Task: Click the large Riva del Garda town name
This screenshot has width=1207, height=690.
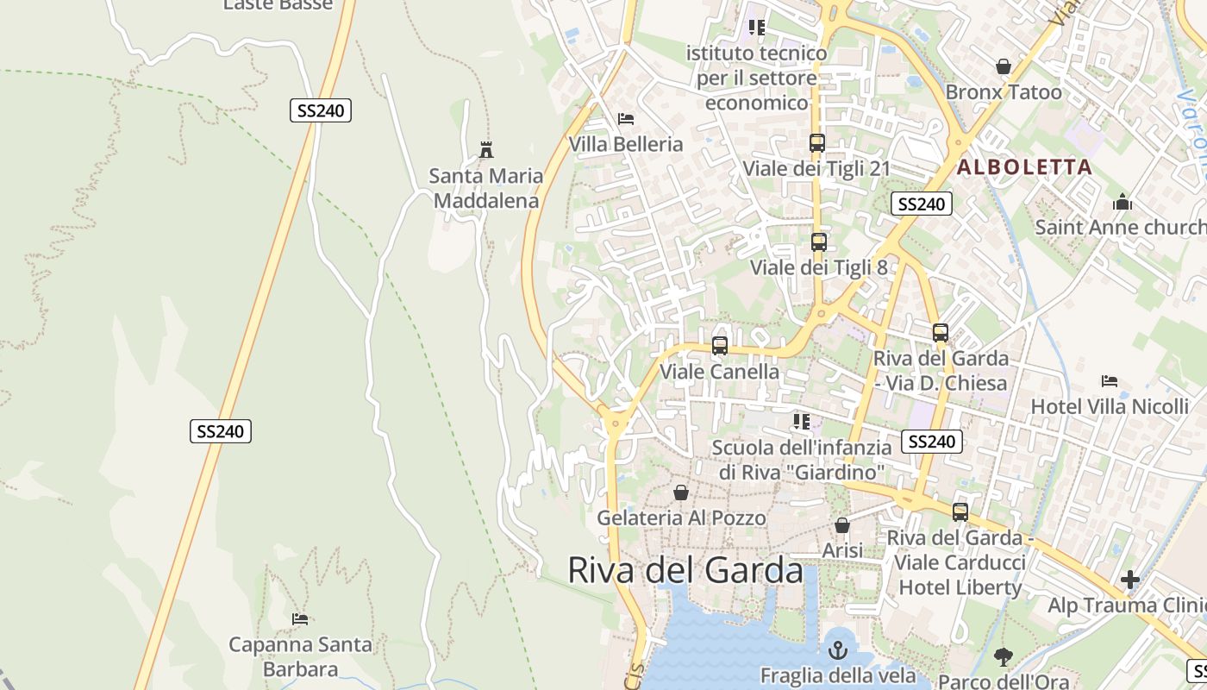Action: click(x=685, y=571)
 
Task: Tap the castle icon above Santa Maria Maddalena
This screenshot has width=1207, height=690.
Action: click(x=486, y=150)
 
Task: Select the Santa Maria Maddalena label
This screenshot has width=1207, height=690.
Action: click(x=486, y=188)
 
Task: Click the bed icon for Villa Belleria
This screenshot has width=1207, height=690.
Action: click(x=626, y=118)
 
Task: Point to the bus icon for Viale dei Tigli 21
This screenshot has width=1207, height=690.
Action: click(x=816, y=143)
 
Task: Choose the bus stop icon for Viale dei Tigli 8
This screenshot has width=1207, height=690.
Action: click(x=818, y=242)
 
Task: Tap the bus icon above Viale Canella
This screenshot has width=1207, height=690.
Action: click(x=720, y=346)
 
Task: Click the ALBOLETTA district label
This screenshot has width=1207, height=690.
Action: click(x=1024, y=167)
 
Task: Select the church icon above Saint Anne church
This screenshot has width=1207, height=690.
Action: click(x=1123, y=203)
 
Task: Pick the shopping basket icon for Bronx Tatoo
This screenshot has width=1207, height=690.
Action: click(x=1004, y=66)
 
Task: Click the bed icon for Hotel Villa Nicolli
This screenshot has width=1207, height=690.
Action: click(x=1110, y=381)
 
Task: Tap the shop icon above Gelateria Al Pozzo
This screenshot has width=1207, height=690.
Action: click(x=681, y=492)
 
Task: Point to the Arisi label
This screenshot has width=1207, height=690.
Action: click(x=842, y=549)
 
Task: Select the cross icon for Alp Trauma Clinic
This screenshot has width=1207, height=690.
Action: click(x=1130, y=580)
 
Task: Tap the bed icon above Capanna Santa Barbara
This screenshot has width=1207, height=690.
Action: click(x=300, y=619)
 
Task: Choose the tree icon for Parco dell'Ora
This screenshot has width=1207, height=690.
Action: click(x=1003, y=657)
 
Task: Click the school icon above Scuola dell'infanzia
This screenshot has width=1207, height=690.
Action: click(x=802, y=422)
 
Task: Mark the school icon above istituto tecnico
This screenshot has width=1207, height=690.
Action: click(x=757, y=28)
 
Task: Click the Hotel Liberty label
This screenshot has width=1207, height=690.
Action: click(x=960, y=588)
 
